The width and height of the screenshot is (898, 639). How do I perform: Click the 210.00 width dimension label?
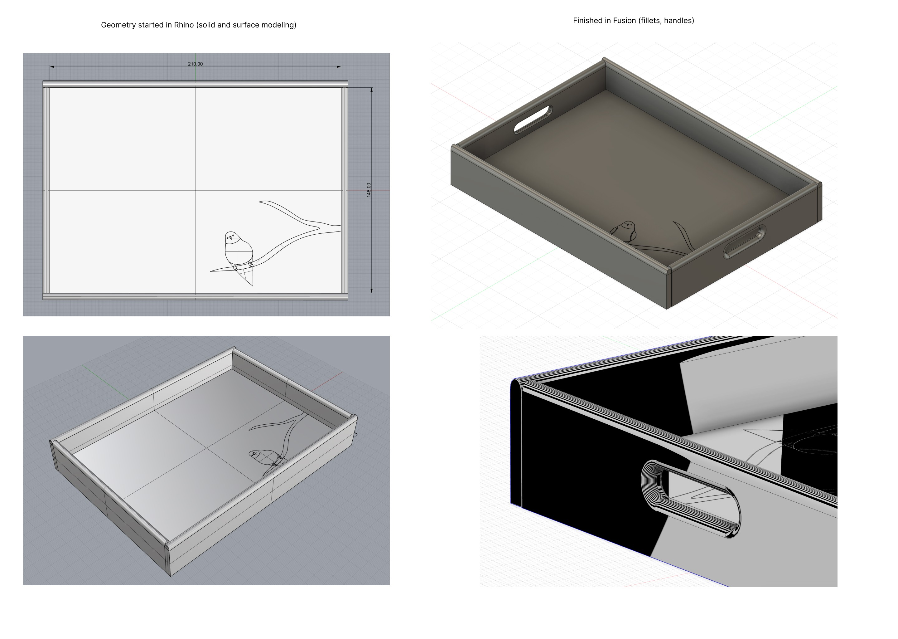[x=196, y=64]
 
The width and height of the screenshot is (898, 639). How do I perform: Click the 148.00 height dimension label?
[x=369, y=190]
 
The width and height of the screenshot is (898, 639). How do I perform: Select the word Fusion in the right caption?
[x=625, y=21]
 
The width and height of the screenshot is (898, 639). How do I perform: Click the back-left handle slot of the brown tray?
[x=533, y=119]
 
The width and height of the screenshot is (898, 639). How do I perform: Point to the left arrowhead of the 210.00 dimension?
[x=52, y=67]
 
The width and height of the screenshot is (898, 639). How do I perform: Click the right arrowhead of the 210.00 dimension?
[x=339, y=67]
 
